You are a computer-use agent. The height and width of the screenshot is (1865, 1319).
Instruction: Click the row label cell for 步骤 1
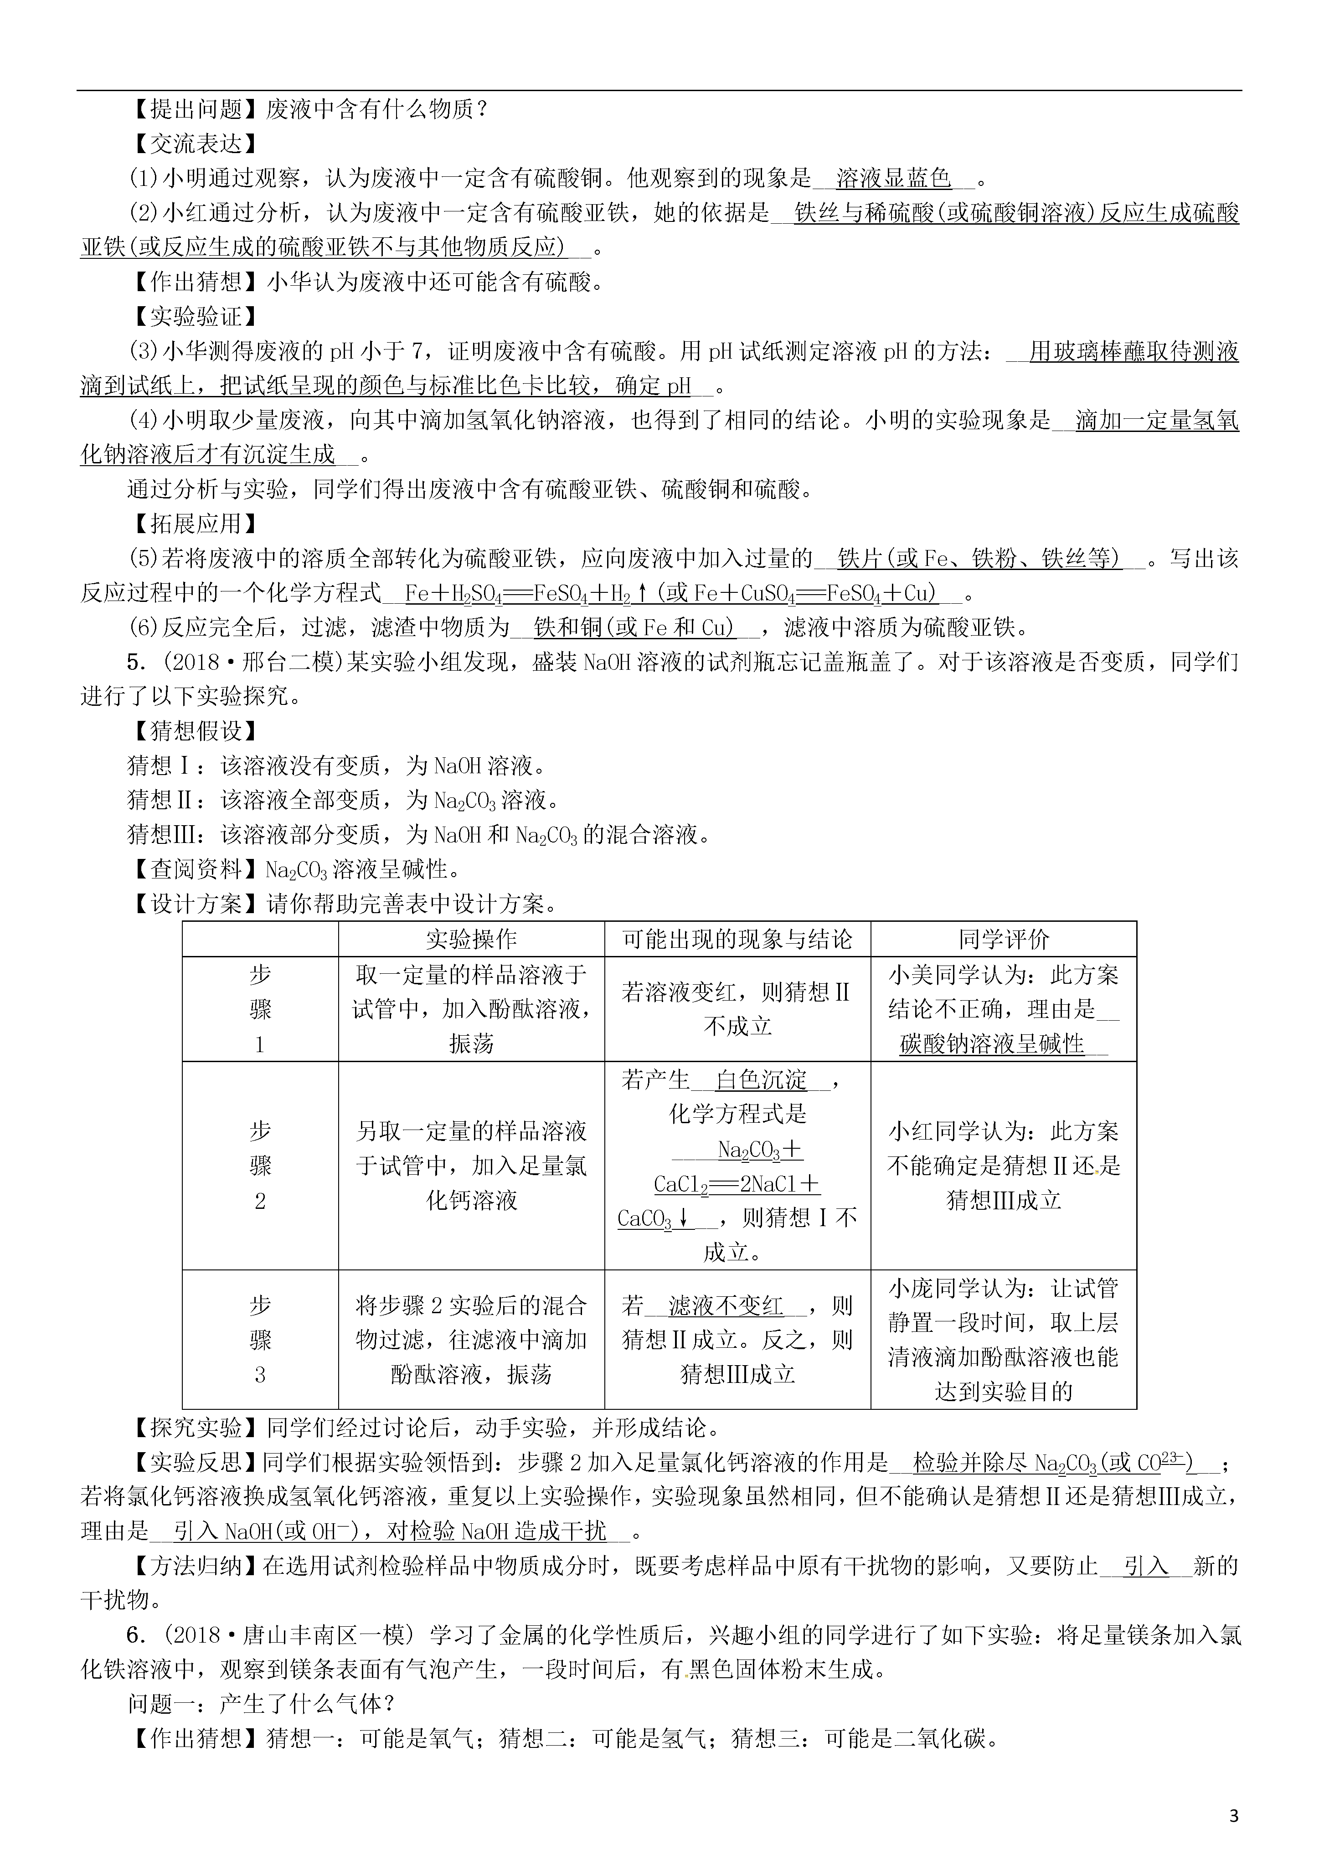click(x=260, y=1009)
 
